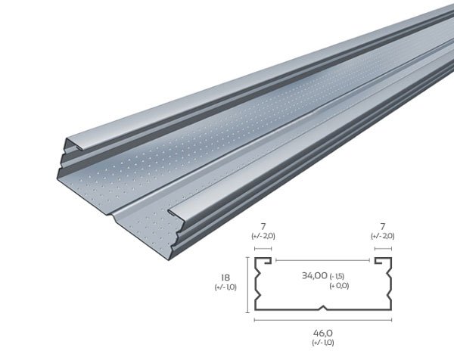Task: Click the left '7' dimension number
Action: (263, 227)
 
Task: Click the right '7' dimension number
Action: (383, 227)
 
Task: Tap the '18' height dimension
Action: (225, 278)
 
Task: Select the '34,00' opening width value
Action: (315, 275)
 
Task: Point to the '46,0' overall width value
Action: (323, 334)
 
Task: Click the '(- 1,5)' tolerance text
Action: (337, 276)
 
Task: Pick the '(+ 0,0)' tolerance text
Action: (339, 286)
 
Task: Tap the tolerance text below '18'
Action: (225, 287)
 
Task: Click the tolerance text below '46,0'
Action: (323, 343)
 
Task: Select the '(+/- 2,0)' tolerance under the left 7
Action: (263, 236)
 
